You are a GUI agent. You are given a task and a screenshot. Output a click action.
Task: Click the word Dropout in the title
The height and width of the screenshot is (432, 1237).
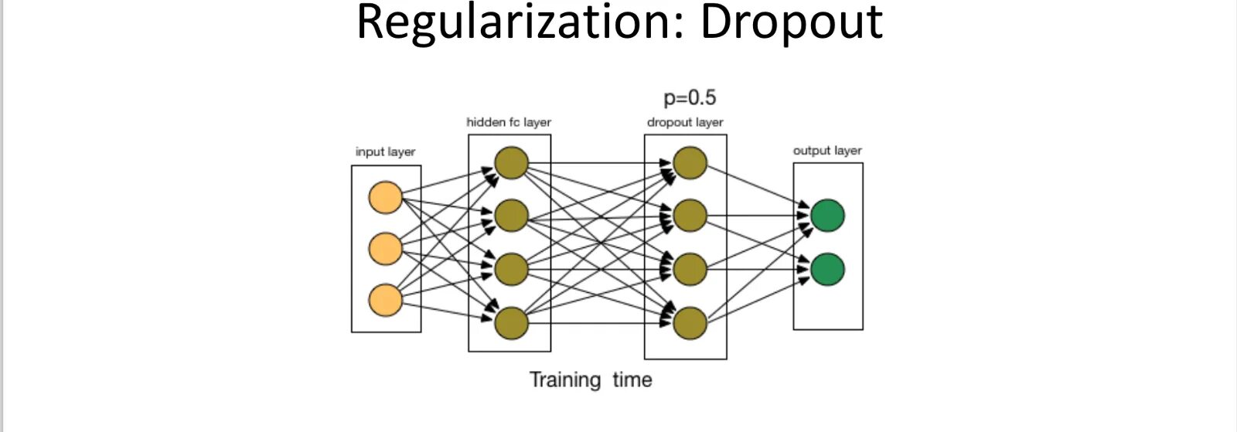792,22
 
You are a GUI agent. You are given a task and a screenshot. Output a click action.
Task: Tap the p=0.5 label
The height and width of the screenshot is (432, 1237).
690,97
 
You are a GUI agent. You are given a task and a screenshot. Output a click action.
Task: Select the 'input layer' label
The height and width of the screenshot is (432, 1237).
386,151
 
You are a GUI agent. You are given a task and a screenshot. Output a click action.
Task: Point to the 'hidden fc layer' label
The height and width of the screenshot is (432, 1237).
509,122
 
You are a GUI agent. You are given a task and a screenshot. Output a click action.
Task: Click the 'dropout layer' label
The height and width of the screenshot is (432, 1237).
685,122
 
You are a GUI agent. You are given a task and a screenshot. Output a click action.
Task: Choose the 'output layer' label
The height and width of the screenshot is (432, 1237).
827,151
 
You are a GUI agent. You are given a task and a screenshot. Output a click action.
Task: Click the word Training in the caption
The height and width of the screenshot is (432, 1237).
565,379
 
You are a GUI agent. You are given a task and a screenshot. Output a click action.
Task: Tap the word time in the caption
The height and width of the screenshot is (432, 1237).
632,379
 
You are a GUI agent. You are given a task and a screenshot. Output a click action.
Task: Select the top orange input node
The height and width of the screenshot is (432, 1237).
386,197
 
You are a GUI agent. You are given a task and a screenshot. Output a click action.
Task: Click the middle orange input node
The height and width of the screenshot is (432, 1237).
386,249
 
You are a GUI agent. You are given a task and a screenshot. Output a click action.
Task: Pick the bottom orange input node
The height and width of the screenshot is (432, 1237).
386,300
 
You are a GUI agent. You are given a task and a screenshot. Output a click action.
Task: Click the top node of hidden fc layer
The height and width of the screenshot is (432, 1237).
511,163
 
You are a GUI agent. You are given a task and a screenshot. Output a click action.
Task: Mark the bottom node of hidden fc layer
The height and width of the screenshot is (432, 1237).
511,323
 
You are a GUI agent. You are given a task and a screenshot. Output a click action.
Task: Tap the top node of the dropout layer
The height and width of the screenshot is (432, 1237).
690,163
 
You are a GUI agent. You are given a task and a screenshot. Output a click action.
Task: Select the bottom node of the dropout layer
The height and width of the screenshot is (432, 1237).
690,323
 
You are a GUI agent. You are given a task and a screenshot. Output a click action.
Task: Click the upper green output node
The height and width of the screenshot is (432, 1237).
828,216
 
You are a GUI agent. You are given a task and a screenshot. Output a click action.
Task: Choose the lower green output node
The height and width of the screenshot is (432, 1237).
828,269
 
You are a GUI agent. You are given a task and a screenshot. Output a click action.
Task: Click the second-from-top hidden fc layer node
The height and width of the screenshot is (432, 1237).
511,216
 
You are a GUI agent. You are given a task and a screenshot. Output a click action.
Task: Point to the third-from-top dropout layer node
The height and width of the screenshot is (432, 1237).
690,269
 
